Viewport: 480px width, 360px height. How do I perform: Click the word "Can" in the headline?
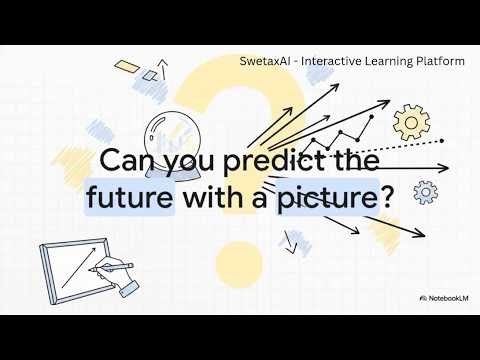(x=127, y=162)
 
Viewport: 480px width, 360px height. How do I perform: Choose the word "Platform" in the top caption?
(x=436, y=61)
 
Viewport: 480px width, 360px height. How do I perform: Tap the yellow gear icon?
(x=410, y=122)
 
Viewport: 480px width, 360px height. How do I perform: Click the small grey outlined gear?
(x=424, y=190)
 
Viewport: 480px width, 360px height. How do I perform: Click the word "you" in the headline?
(x=190, y=163)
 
